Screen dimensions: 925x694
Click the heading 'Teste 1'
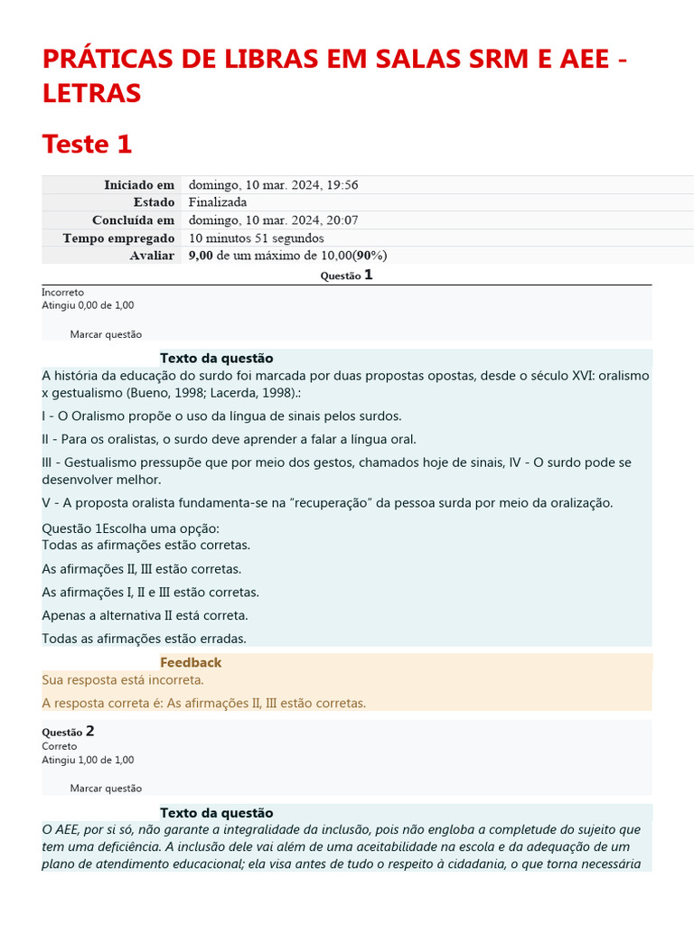pyautogui.click(x=87, y=144)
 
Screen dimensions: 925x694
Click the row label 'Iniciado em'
pyautogui.click(x=138, y=184)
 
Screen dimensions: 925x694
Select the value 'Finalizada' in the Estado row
pyautogui.click(x=217, y=202)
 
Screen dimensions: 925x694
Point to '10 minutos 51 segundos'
pyautogui.click(x=256, y=238)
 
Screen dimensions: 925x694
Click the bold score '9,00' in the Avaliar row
pyautogui.click(x=201, y=256)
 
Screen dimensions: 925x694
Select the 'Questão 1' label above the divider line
pyautogui.click(x=347, y=276)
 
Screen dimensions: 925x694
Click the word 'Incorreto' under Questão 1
pyautogui.click(x=62, y=293)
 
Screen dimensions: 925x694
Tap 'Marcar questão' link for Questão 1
pyautogui.click(x=106, y=334)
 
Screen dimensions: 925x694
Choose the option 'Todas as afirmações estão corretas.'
pyautogui.click(x=146, y=545)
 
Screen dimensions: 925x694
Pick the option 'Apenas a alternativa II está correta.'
pyautogui.click(x=145, y=615)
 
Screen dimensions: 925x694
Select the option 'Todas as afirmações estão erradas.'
pyautogui.click(x=144, y=639)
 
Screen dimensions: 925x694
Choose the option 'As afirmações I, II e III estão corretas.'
pyautogui.click(x=150, y=593)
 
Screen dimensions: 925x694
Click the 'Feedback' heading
pyautogui.click(x=191, y=662)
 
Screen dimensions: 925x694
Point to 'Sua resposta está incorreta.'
pyautogui.click(x=123, y=679)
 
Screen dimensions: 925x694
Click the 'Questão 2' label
pyautogui.click(x=69, y=731)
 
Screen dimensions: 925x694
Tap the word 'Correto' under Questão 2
pyautogui.click(x=59, y=746)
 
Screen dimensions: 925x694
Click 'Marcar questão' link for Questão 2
pyautogui.click(x=106, y=788)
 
